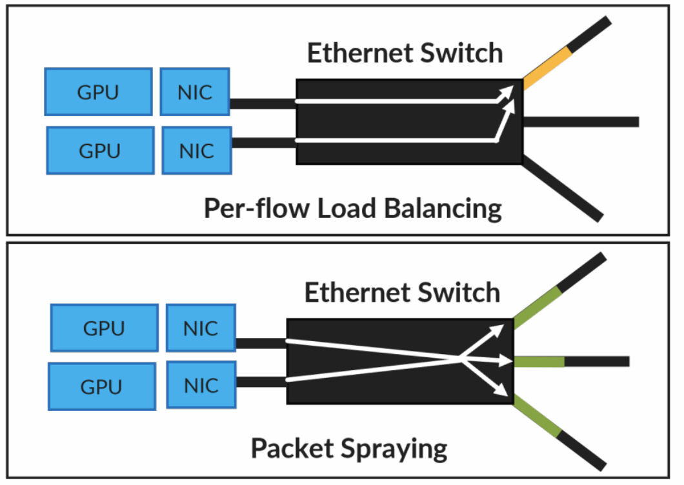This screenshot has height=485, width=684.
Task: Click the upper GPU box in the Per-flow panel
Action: point(98,91)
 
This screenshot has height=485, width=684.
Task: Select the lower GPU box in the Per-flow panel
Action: point(99,150)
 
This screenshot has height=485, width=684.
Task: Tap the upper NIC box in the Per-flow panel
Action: point(194,91)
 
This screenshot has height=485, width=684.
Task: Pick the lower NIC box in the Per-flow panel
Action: point(196,150)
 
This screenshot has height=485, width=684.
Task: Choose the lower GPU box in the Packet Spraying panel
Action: point(101,386)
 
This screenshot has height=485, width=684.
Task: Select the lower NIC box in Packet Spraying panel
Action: point(200,385)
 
